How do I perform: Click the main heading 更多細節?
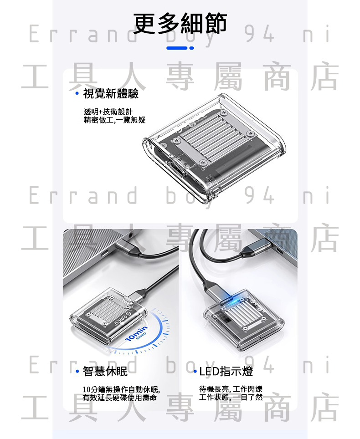[180, 23]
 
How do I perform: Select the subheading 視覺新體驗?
[111, 93]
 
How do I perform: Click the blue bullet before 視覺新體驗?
[77, 93]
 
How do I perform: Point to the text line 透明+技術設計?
[108, 112]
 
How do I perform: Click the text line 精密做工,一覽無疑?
[114, 120]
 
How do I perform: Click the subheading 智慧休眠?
[105, 371]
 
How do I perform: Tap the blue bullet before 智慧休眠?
[77, 371]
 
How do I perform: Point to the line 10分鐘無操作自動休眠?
[121, 389]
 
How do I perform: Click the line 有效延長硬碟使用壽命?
[120, 398]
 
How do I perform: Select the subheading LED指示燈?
[226, 371]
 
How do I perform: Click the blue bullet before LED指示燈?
[195, 371]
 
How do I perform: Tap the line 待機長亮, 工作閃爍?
[231, 389]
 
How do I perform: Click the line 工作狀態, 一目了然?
[231, 397]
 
